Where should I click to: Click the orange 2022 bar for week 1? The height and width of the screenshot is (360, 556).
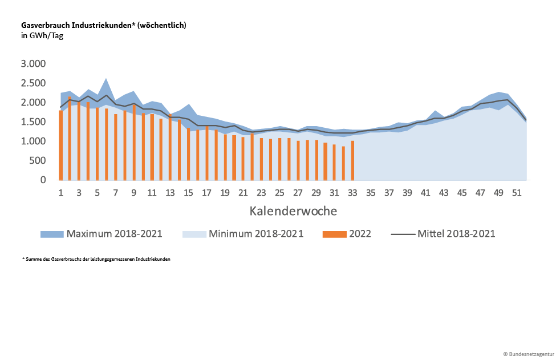coord(61,145)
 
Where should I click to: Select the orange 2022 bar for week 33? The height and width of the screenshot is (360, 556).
coord(352,160)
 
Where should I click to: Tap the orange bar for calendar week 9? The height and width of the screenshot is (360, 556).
coord(134,142)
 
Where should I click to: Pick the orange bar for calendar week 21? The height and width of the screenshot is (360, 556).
coord(243,159)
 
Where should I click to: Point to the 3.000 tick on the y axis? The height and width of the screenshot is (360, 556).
coord(33,63)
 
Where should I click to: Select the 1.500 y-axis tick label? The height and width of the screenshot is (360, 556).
coord(33,122)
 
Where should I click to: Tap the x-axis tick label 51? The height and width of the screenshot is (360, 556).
coord(517,193)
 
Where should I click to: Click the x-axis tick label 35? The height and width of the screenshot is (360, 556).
coord(371,193)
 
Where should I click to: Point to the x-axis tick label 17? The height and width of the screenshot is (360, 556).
coord(207,193)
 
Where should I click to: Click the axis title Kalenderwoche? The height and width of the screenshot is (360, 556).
coord(293,211)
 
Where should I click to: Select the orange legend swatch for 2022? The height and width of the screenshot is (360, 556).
coord(334,234)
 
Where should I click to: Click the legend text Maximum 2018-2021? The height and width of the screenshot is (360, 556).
coord(114,234)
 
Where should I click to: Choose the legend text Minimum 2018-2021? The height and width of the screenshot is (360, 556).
coord(256,234)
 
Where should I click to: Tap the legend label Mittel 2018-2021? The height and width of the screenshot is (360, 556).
coord(456,234)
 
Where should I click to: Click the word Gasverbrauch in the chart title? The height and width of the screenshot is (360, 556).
coord(46,25)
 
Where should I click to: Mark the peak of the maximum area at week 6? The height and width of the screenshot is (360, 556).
coord(107,78)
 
